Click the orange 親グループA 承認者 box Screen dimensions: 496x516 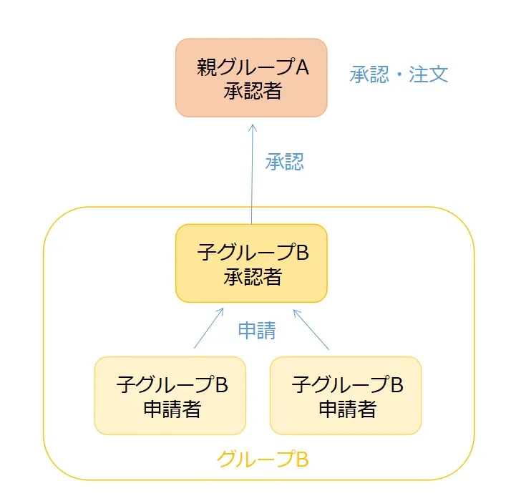point(251,77)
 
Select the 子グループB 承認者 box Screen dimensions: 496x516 point(251,263)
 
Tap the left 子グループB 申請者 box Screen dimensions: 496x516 point(170,396)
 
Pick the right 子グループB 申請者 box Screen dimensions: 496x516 point(346,396)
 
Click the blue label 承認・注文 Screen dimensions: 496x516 point(399,74)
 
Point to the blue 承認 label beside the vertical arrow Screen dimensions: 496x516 point(285,162)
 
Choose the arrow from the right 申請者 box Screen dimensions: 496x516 point(311,329)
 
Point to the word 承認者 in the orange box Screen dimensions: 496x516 point(251,90)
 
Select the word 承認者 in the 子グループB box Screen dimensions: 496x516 point(251,276)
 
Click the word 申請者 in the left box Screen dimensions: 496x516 point(170,409)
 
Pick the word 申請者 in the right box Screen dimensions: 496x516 point(346,409)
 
